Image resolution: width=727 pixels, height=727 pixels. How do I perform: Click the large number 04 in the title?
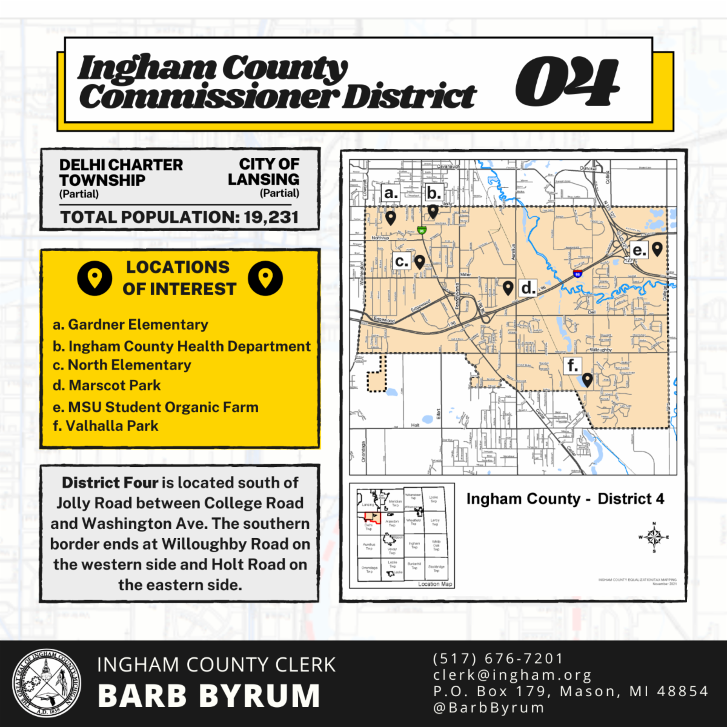tap(567, 82)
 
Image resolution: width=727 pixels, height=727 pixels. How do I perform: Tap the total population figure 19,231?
tap(271, 217)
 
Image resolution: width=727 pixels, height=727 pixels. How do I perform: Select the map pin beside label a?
tap(391, 217)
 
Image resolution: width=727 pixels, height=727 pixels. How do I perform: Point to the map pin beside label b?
tap(433, 211)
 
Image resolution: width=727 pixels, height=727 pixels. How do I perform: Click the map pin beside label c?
tap(419, 261)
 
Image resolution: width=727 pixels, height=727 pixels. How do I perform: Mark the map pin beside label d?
tap(508, 287)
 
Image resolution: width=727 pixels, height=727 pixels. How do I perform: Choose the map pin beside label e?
tap(657, 248)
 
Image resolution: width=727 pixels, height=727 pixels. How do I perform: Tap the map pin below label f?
tap(586, 380)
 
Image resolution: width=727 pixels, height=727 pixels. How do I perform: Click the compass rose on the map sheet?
tap(654, 537)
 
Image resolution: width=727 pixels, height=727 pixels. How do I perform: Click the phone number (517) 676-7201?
tap(498, 659)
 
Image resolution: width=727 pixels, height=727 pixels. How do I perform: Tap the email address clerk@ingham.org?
tap(513, 675)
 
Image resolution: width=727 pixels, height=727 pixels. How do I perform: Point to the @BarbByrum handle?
tap(489, 708)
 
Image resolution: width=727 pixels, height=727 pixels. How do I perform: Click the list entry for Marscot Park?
tap(115, 385)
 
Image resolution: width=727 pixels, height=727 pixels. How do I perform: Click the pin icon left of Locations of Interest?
tap(95, 278)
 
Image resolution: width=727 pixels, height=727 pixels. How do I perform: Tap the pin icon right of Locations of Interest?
tap(265, 278)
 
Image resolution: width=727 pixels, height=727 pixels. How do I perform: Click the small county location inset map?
tap(402, 536)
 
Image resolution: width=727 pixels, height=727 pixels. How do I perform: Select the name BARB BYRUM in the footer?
tap(208, 696)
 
